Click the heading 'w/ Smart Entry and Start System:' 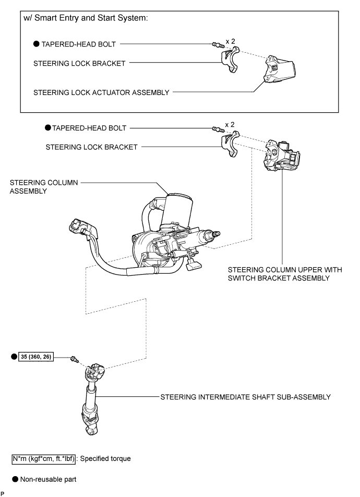[86, 18]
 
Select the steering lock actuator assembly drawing [280, 69]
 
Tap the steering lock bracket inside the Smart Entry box [230, 60]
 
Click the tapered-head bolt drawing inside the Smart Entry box [218, 45]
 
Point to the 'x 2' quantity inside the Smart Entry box [231, 41]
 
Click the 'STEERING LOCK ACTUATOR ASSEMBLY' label [101, 92]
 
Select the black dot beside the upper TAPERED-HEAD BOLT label [37, 44]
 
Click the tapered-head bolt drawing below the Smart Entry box [218, 128]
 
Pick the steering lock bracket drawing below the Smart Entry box [230, 144]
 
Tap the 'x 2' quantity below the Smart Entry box [230, 125]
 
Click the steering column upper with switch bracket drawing [282, 156]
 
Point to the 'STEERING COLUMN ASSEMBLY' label [44, 187]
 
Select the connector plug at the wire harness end [77, 226]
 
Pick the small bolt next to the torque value [75, 359]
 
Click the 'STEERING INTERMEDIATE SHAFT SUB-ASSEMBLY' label [246, 397]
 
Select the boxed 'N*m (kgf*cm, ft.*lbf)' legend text [44, 459]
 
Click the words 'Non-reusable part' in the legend [48, 479]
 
